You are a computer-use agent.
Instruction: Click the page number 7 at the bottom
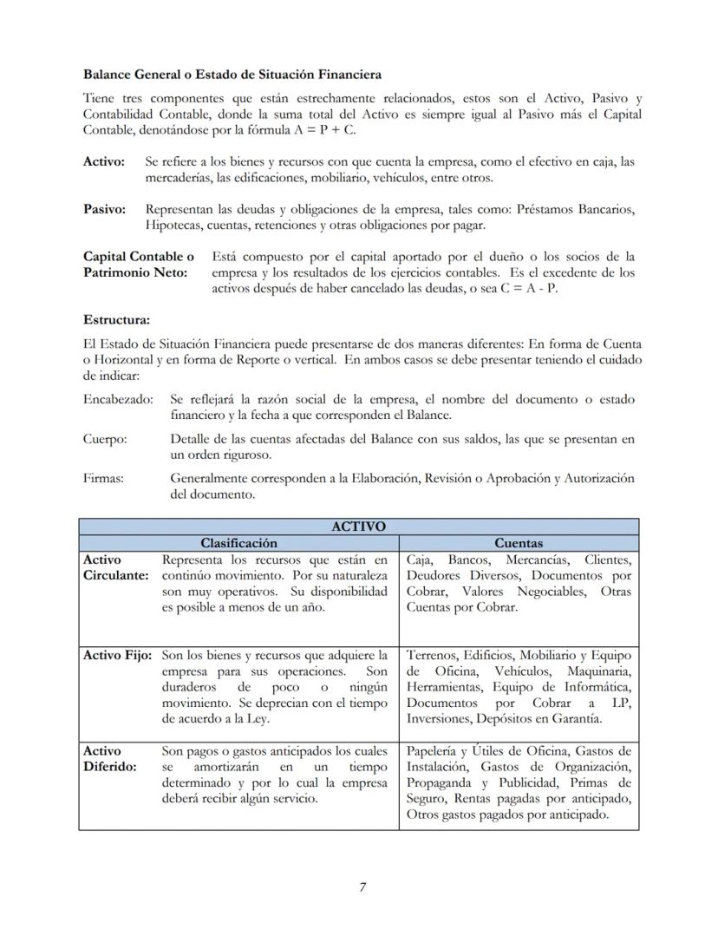click(363, 886)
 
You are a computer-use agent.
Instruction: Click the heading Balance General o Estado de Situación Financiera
click(232, 75)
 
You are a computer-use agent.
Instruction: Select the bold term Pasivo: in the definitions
click(104, 209)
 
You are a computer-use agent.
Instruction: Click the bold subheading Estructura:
click(116, 320)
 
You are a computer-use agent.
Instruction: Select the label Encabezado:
click(118, 399)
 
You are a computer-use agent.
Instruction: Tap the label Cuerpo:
click(105, 439)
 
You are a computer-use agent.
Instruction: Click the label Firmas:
click(103, 478)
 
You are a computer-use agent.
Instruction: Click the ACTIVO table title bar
click(358, 527)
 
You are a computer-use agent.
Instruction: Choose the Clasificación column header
click(238, 543)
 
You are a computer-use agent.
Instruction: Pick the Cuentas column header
click(519, 543)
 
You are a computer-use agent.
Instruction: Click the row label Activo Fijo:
click(119, 655)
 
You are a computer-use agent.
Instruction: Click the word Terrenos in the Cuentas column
click(431, 655)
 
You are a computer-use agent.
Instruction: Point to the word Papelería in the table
click(433, 751)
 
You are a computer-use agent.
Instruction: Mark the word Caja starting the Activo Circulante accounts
click(420, 559)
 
